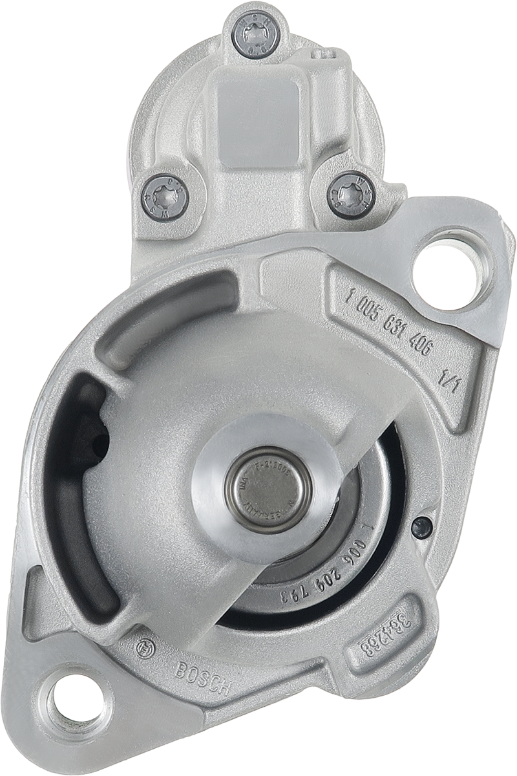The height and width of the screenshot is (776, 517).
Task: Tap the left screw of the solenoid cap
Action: click(164, 197)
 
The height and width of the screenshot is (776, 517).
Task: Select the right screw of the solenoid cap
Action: click(351, 195)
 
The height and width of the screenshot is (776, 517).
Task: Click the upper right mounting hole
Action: click(450, 269)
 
